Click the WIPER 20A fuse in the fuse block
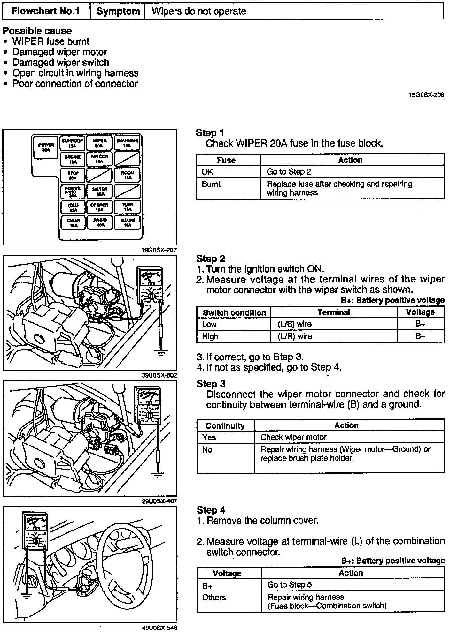pos(99,143)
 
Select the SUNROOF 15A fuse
pos(73,143)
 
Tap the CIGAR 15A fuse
pos(73,222)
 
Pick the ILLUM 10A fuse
pos(128,222)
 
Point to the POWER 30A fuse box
pos(46,147)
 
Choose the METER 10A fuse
pos(99,191)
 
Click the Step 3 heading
pos(211,384)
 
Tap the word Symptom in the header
pos(118,11)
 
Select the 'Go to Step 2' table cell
pos(289,172)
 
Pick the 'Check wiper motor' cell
pos(293,437)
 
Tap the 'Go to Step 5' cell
pos(289,584)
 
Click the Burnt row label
pos(211,184)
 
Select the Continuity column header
pos(225,425)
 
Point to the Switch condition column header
pos(234,312)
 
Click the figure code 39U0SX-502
pos(159,375)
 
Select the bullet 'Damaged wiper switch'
pos(61,63)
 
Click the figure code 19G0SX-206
pos(426,95)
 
